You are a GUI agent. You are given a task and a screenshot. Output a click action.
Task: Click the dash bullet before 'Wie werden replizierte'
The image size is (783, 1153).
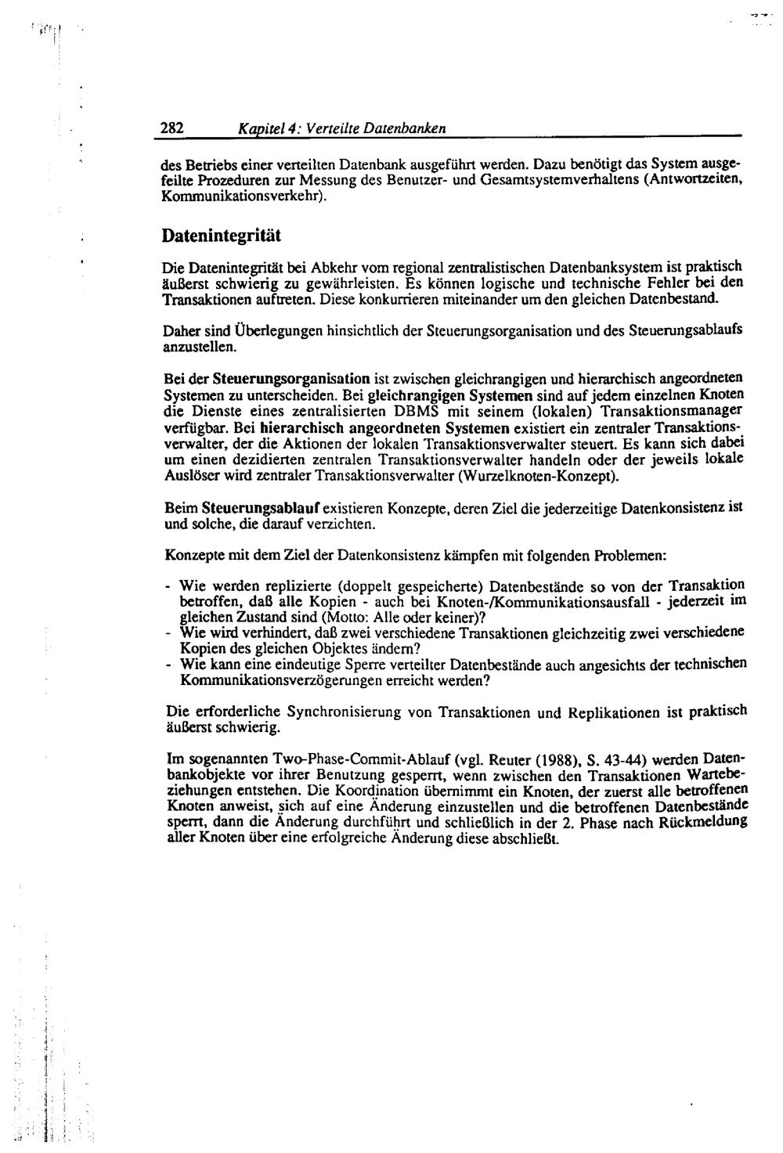[x=168, y=586]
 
